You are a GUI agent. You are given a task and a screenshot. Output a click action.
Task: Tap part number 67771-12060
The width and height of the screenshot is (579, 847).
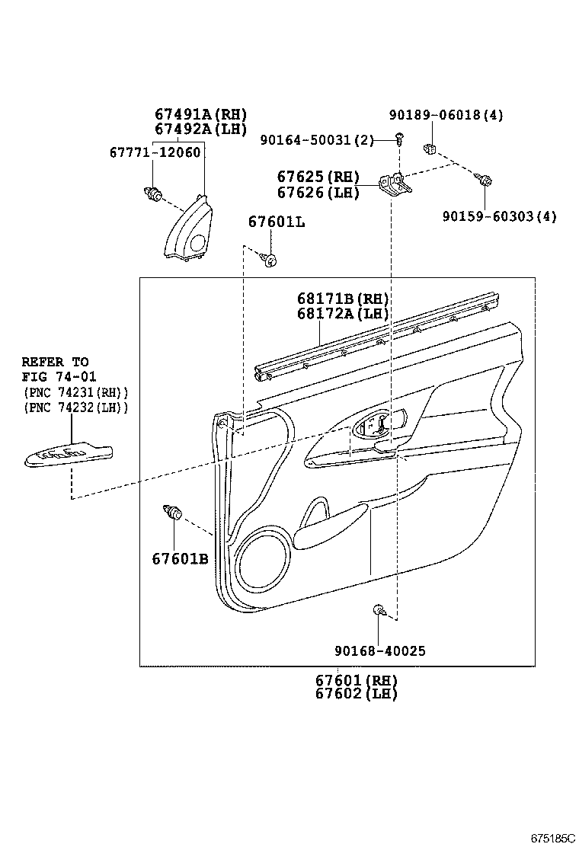[155, 152]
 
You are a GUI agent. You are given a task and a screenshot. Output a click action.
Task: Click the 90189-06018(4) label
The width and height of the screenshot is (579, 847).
[446, 115]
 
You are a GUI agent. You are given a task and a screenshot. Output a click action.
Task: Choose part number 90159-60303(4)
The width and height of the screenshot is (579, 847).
[499, 216]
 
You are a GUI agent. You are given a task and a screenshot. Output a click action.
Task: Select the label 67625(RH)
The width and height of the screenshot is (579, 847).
[318, 177]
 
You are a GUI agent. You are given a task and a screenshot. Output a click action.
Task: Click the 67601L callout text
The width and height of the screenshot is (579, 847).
[276, 222]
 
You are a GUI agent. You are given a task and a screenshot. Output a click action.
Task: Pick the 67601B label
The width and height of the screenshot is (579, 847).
[180, 558]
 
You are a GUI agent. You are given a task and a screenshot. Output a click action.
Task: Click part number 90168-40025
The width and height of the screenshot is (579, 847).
[379, 650]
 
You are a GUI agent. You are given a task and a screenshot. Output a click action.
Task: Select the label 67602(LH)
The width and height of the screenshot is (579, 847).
[357, 693]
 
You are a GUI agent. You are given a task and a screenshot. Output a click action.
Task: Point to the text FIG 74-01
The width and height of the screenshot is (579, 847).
[54, 376]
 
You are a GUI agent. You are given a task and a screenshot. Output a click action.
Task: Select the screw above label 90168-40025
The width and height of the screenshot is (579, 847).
[379, 609]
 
